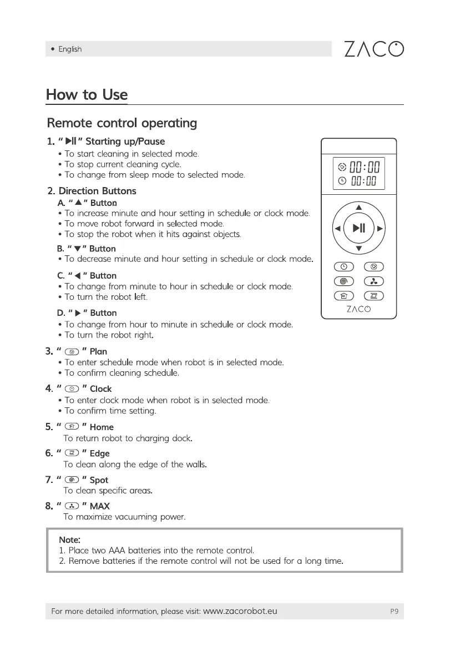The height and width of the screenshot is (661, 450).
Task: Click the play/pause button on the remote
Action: click(x=358, y=228)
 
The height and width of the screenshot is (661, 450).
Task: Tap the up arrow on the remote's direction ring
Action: click(x=358, y=207)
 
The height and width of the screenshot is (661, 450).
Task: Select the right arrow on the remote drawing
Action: click(x=380, y=228)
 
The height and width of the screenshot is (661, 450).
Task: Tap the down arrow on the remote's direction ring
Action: click(x=358, y=249)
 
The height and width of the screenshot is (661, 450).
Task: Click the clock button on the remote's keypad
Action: click(x=343, y=267)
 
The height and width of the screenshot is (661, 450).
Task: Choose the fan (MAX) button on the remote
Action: click(x=374, y=282)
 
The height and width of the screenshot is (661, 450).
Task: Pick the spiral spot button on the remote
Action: click(x=343, y=282)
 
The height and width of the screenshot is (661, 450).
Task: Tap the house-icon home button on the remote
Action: click(x=343, y=296)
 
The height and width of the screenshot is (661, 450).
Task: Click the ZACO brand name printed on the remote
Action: click(x=358, y=310)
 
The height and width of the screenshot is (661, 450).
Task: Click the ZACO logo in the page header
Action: click(x=373, y=49)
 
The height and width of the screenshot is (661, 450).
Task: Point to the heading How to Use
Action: click(x=87, y=95)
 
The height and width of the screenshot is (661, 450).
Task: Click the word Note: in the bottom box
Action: click(x=70, y=539)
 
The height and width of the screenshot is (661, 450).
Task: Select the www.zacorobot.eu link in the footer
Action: click(x=240, y=612)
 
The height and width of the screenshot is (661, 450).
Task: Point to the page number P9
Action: click(x=394, y=612)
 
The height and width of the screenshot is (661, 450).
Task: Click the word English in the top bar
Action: click(x=70, y=49)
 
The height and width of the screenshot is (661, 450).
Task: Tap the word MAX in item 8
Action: click(x=100, y=506)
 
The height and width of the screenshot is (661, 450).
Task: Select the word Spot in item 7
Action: click(x=99, y=480)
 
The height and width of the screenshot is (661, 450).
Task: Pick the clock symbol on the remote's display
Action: click(x=342, y=181)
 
